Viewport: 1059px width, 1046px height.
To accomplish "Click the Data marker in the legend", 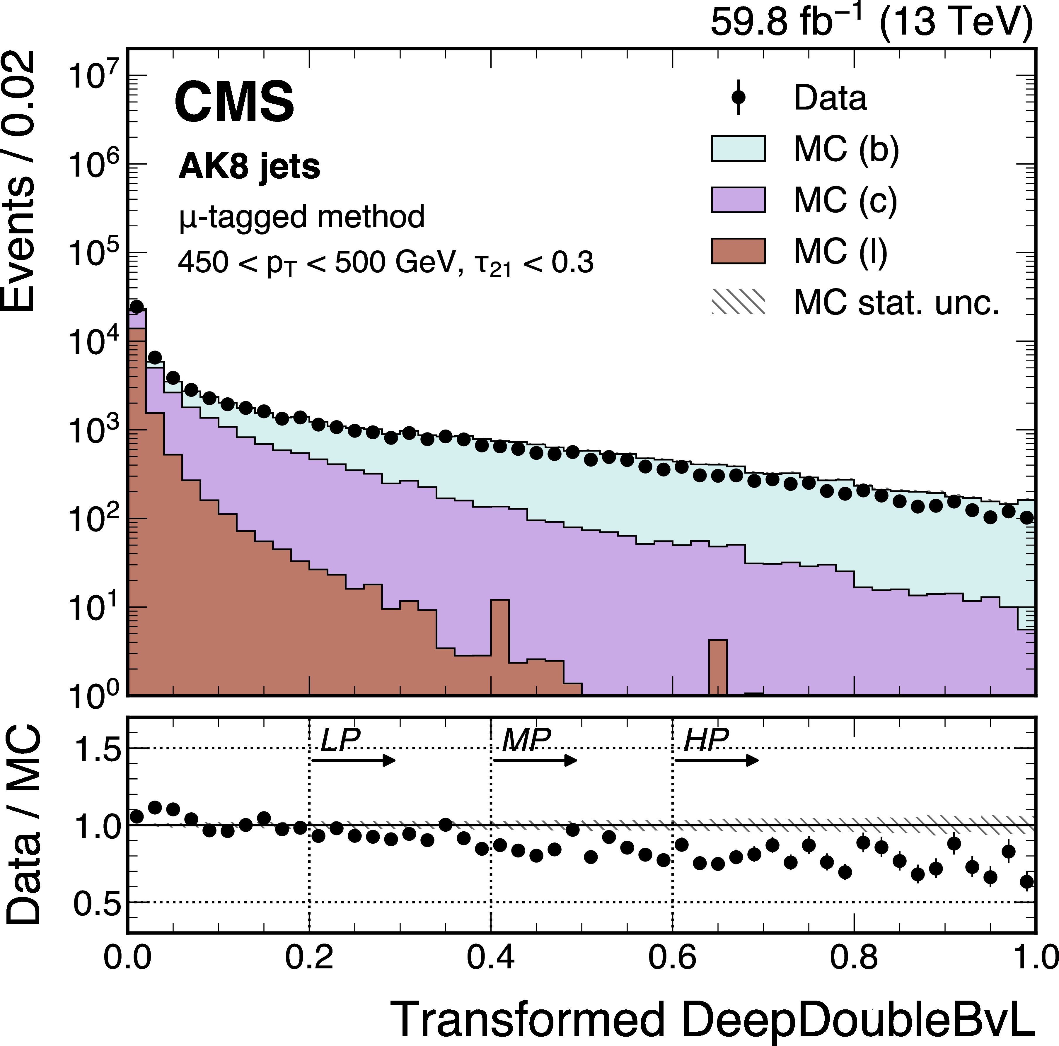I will click(738, 98).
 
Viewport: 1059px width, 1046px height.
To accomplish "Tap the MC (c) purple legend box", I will click(738, 199).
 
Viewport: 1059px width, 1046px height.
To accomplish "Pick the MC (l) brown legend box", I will click(738, 251).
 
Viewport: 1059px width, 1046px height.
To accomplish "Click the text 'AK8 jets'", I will click(249, 167).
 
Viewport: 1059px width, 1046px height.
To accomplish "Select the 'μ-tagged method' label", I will click(301, 216).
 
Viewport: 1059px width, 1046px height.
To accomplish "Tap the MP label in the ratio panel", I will click(526, 740).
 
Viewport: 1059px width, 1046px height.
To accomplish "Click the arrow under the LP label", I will click(354, 760).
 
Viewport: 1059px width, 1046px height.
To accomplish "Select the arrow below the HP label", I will click(717, 760).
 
